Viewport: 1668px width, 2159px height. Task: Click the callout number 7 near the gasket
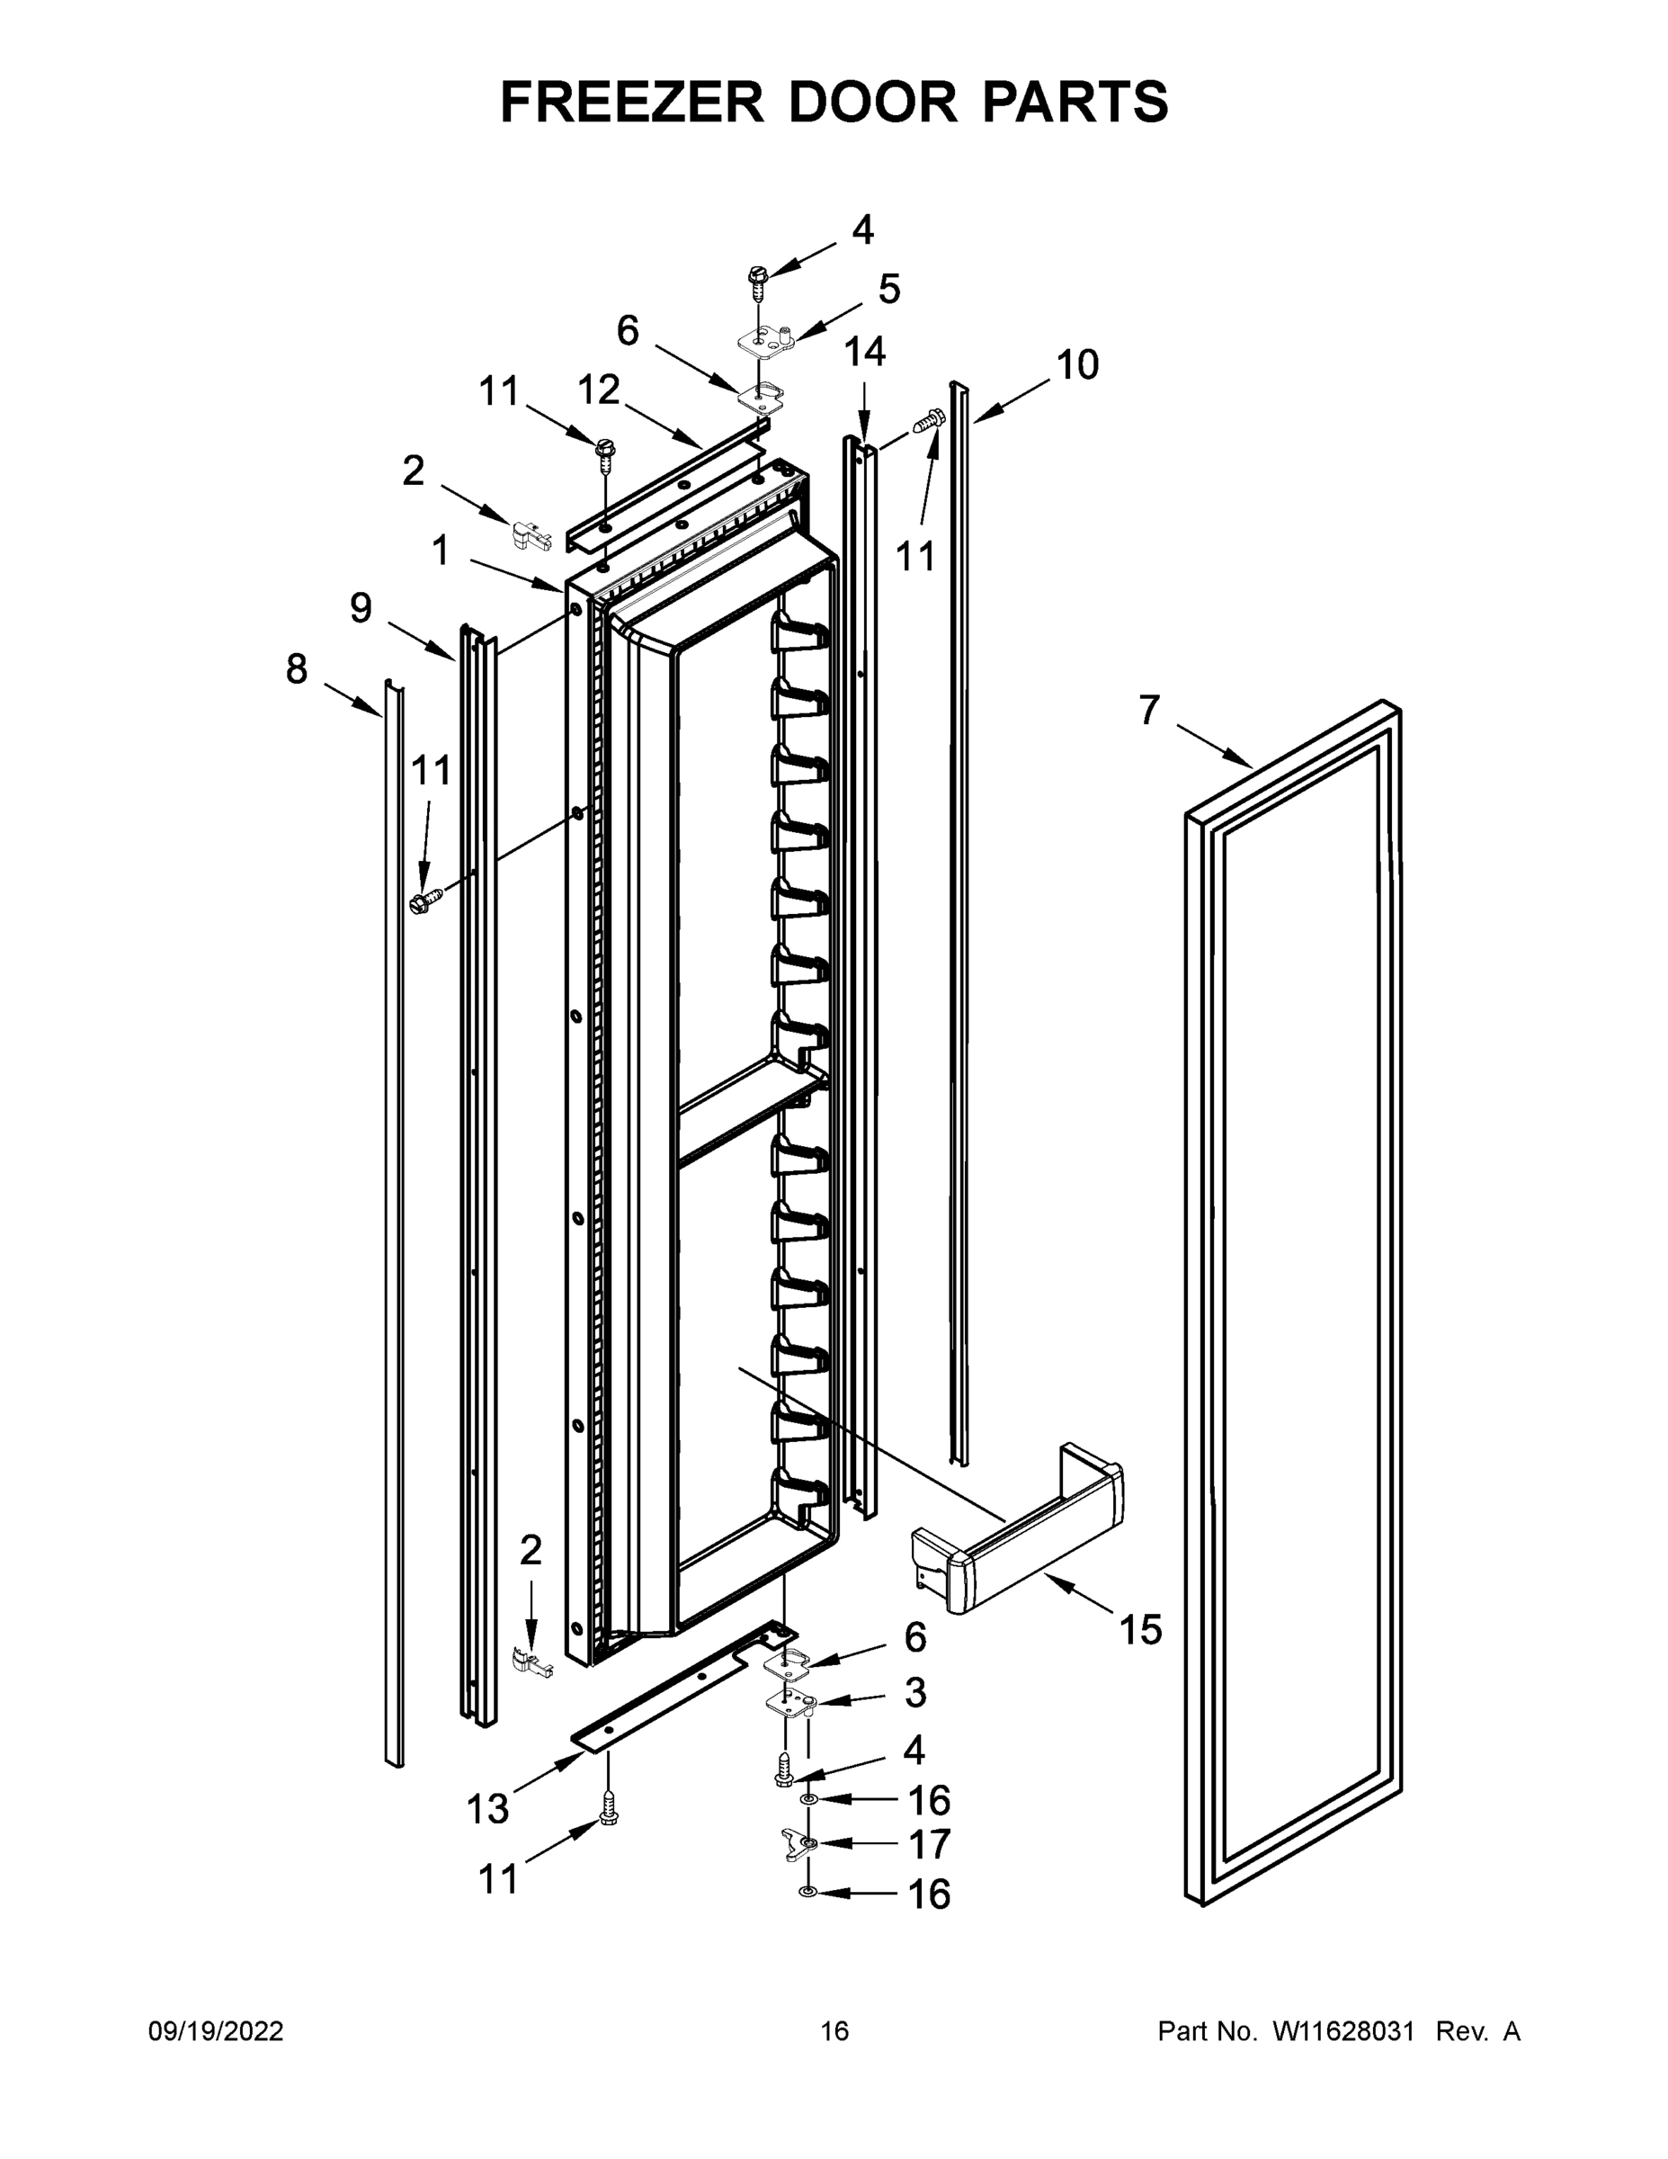click(x=1148, y=710)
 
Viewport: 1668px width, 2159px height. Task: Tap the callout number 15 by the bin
click(x=1140, y=1629)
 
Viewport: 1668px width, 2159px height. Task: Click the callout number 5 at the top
click(x=888, y=290)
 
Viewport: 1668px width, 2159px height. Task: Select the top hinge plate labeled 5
click(x=769, y=342)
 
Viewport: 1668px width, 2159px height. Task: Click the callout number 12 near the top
click(x=598, y=390)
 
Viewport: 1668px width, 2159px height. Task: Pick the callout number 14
click(x=865, y=351)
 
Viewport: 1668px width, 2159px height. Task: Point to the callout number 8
click(x=297, y=669)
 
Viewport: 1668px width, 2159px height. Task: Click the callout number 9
click(x=361, y=608)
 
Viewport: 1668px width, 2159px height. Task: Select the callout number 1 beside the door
click(x=440, y=551)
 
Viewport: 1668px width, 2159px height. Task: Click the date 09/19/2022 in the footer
click(x=216, y=2031)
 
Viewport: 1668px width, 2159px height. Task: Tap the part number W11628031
click(x=1342, y=2031)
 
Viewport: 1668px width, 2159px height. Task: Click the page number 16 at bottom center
click(x=834, y=2031)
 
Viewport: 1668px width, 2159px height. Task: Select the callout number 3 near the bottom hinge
click(x=915, y=1691)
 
